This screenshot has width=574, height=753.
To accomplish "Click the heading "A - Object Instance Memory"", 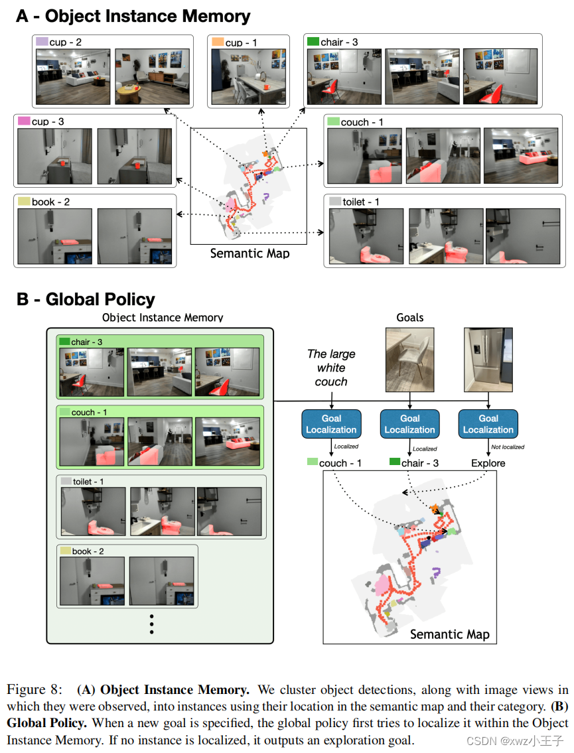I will coord(133,17).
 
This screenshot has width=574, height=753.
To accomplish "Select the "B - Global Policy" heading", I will coord(86,300).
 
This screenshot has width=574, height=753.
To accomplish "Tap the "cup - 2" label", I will coord(66,42).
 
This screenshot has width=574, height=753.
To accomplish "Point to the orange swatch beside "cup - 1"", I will coord(218,42).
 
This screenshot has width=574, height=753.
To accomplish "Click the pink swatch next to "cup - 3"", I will coord(24,121).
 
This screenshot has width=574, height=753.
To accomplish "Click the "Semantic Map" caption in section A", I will coord(250,253).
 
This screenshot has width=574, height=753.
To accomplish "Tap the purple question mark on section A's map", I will coord(267,196).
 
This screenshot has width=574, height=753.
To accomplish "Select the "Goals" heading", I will coord(409,317).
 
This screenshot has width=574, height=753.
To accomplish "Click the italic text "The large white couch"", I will coord(331,368).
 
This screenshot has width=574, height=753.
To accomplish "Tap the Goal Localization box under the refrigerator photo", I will coord(488,424).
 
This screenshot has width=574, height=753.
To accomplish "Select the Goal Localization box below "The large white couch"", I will coord(331,424).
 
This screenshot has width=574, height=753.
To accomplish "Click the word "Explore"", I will coord(488,463).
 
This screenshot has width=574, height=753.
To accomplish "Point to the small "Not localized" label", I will coord(508,447).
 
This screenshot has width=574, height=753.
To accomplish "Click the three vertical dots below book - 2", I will coord(152,624).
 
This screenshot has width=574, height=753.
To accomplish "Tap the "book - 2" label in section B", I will coord(88,551).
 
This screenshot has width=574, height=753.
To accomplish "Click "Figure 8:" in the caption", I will coord(35,689).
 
